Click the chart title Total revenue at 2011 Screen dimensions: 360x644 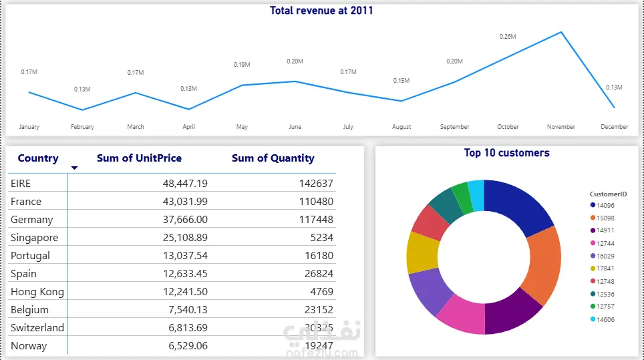pyautogui.click(x=321, y=10)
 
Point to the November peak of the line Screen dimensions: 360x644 pyautogui.click(x=560, y=32)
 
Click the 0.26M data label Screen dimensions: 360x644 pyautogui.click(x=508, y=37)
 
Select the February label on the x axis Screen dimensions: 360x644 pyautogui.click(x=82, y=127)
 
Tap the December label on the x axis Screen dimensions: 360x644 pyautogui.click(x=614, y=127)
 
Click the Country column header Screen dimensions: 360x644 pyautogui.click(x=38, y=158)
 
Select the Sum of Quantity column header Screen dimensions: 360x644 pyautogui.click(x=273, y=158)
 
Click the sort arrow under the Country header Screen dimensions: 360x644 pyautogui.click(x=74, y=168)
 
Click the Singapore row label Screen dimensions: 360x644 pyautogui.click(x=35, y=237)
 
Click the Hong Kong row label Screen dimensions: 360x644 pyautogui.click(x=37, y=291)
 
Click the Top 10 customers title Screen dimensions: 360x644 pyautogui.click(x=506, y=153)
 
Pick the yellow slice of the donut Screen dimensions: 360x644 pyautogui.click(x=423, y=252)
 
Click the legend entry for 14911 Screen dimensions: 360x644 pyautogui.click(x=605, y=229)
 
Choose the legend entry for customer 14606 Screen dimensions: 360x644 pyautogui.click(x=605, y=319)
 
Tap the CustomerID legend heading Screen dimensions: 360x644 pyautogui.click(x=608, y=194)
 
